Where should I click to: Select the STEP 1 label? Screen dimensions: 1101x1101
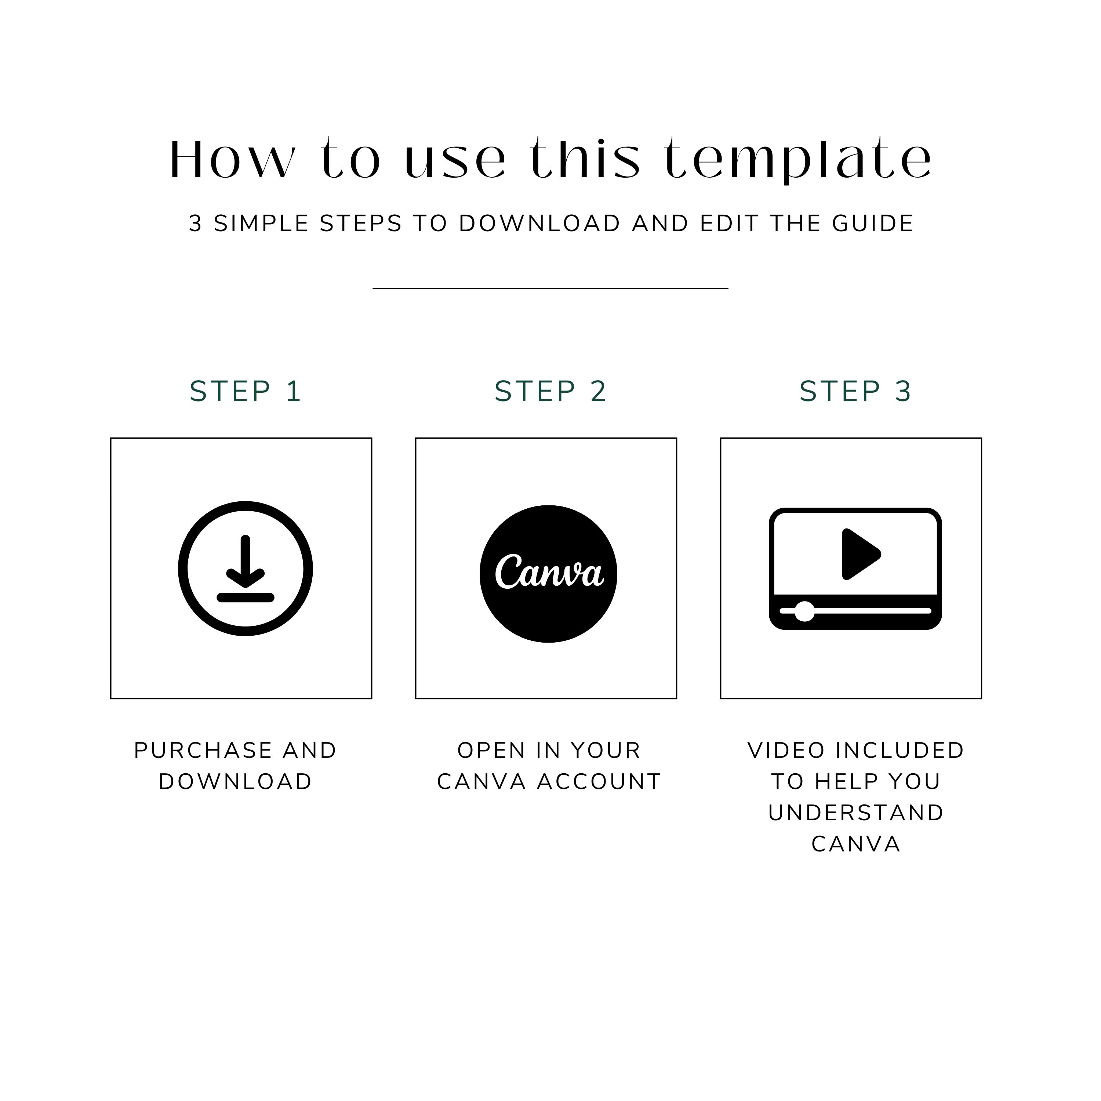pyautogui.click(x=245, y=392)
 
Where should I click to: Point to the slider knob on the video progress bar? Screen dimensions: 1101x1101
pyautogui.click(x=804, y=611)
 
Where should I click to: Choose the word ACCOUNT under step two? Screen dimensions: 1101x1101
pyautogui.click(x=599, y=782)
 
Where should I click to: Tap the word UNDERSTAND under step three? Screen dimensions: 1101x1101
pyautogui.click(x=855, y=813)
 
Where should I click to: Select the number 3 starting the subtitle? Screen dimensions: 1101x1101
pyautogui.click(x=196, y=224)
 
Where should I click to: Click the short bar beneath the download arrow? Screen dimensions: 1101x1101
pyautogui.click(x=245, y=597)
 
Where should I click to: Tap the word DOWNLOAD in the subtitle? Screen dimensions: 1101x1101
pyautogui.click(x=539, y=224)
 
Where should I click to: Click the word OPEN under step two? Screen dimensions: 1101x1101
pyautogui.click(x=491, y=751)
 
